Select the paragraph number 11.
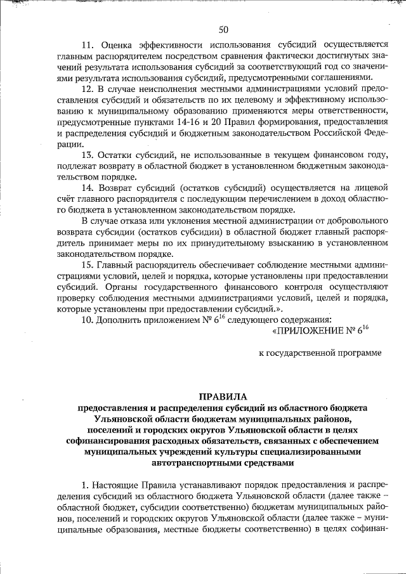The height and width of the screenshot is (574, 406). (x=88, y=44)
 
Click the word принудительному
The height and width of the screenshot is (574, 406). (x=240, y=243)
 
